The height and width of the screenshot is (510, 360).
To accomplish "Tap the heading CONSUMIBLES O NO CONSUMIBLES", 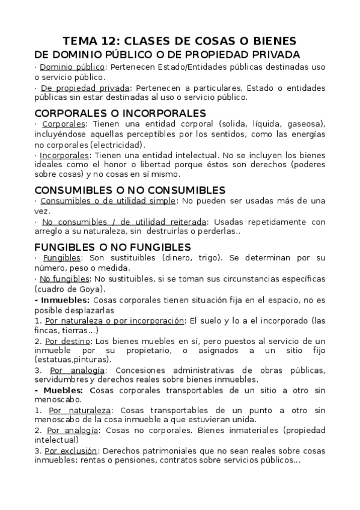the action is coord(130,190).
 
